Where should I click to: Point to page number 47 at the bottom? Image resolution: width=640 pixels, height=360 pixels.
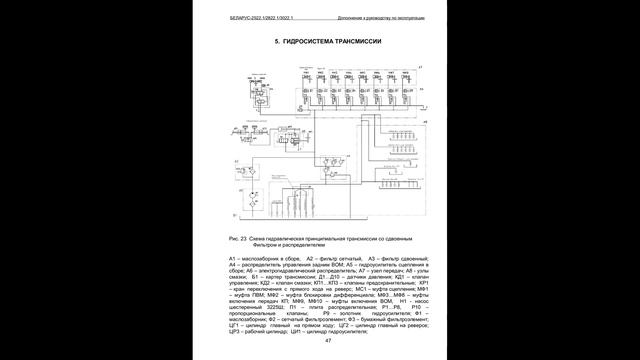(x=328, y=340)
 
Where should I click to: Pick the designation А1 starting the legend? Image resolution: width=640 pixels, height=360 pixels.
(x=232, y=259)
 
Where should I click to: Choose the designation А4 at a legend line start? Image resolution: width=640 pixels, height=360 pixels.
(x=232, y=265)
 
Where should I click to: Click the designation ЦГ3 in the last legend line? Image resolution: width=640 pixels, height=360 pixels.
(x=233, y=330)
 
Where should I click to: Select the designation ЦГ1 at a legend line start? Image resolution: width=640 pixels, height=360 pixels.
(x=233, y=324)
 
